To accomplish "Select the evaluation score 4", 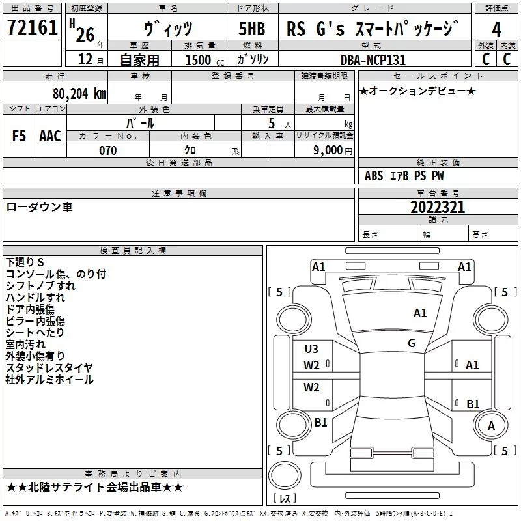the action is (x=496, y=29).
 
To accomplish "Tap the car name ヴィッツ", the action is (x=167, y=29).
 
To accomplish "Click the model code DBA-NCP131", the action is (x=373, y=60).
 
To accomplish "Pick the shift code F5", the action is (x=19, y=136).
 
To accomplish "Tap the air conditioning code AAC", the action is (x=50, y=136).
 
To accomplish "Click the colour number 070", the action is (x=107, y=150).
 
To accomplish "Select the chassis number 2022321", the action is (x=438, y=207).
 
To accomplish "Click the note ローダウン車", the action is (x=39, y=207).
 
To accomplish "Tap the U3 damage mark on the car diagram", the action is (x=311, y=348).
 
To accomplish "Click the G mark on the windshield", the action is (x=412, y=343).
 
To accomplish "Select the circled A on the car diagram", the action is (x=491, y=425).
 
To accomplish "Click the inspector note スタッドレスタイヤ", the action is (x=49, y=367).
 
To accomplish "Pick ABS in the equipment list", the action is (x=374, y=176).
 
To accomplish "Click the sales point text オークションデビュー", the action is (x=417, y=91).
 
